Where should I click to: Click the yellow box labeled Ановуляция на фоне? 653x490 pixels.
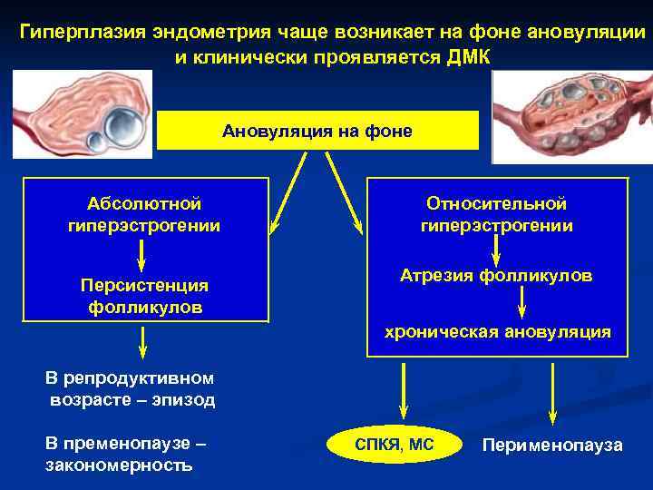317,132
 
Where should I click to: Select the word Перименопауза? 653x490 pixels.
552,445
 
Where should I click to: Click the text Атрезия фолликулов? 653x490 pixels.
496,274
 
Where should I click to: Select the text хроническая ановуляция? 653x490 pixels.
497,332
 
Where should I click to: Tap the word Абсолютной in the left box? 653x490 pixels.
144,203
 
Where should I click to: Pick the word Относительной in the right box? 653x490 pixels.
496,203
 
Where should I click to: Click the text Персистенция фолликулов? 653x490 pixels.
144,296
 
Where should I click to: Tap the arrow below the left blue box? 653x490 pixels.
142,344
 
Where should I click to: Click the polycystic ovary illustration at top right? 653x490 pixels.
571,116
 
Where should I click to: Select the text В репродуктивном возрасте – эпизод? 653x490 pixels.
130,388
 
